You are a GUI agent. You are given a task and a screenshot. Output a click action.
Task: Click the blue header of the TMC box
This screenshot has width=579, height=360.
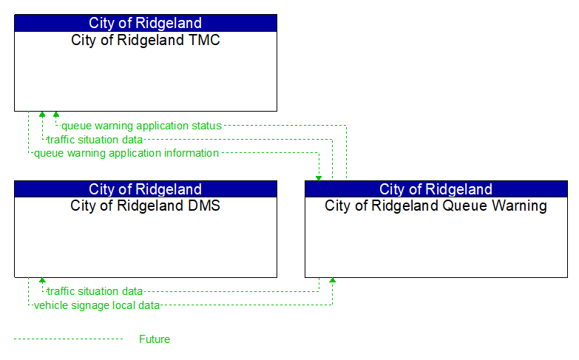[x=145, y=23]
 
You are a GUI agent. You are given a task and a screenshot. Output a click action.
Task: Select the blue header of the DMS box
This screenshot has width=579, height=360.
[x=145, y=189]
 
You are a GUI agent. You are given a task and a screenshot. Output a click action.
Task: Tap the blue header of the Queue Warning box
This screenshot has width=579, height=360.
[x=436, y=189]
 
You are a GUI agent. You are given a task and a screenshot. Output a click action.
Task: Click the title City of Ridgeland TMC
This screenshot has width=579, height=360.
[x=145, y=40]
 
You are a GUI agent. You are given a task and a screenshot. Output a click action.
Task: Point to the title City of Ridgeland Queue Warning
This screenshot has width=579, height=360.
[x=436, y=206]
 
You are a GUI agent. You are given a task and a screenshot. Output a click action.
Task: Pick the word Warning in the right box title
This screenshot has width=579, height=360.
[x=518, y=206]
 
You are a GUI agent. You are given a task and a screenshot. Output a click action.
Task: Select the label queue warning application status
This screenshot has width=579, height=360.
[x=141, y=126]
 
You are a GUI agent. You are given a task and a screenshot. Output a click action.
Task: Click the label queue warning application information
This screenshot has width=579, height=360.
[x=126, y=153]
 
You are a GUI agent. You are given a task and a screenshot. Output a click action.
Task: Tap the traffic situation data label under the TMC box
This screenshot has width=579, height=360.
[x=95, y=139]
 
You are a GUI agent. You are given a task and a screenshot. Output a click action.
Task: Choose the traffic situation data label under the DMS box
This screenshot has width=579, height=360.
[x=95, y=291]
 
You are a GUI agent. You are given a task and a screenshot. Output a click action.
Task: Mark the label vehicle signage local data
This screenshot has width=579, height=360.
[x=97, y=305]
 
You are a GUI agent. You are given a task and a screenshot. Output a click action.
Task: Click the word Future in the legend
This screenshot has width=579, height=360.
[x=155, y=339]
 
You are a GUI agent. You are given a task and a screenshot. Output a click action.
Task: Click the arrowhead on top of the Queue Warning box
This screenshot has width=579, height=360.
[x=319, y=177]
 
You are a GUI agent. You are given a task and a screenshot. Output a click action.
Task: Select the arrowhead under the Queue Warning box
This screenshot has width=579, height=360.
[x=332, y=281]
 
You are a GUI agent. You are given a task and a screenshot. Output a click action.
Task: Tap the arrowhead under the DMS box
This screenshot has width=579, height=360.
[x=42, y=281]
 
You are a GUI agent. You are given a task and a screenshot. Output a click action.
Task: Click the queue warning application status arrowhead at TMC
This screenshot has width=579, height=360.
[x=55, y=115]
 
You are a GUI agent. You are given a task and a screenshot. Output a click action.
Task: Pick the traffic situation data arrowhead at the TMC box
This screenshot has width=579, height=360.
[x=42, y=115]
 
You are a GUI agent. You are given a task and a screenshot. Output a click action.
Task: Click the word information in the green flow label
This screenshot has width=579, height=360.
[x=191, y=153]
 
